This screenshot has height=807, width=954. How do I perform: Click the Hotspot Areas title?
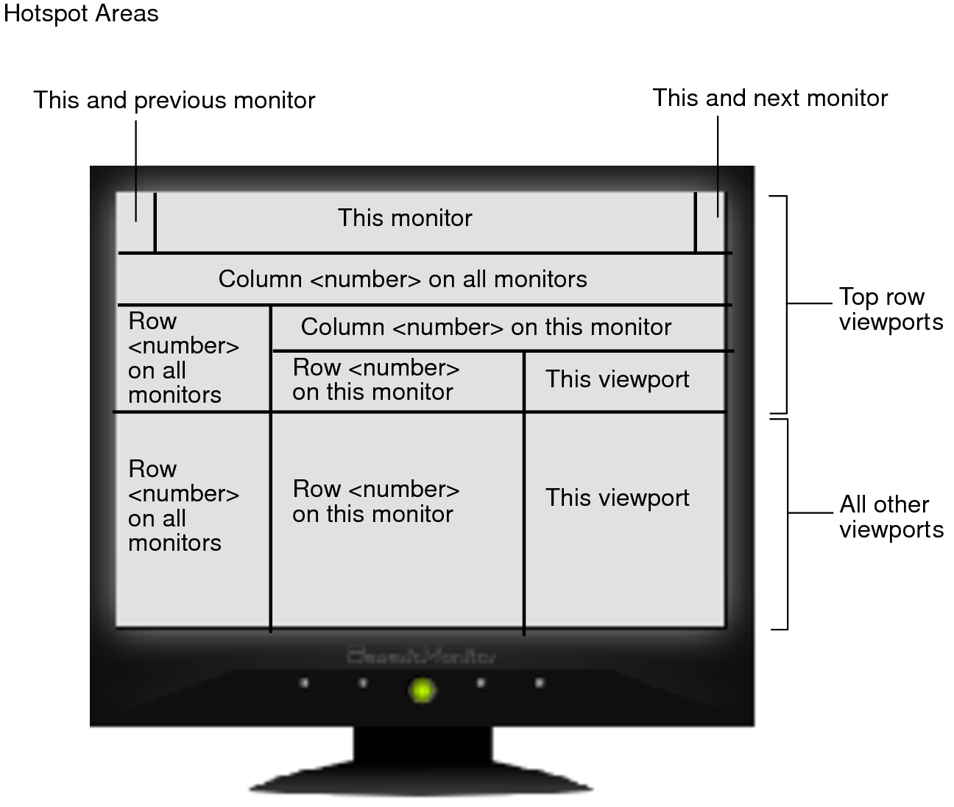(81, 13)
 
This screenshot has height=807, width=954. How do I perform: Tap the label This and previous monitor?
(174, 100)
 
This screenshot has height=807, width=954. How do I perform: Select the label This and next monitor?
(770, 98)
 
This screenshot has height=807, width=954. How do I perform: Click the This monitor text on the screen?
(405, 218)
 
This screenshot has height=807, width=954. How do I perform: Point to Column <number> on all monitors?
(403, 279)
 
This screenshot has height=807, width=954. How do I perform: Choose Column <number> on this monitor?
(486, 327)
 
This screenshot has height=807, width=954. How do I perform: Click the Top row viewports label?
(891, 309)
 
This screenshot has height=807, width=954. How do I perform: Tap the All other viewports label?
(891, 517)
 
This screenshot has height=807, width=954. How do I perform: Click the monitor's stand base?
(422, 780)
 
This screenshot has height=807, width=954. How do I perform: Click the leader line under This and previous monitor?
(136, 169)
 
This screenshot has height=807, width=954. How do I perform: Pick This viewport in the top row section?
(617, 379)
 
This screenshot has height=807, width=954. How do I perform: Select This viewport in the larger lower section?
(617, 498)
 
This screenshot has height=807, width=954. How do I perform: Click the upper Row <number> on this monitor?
(375, 379)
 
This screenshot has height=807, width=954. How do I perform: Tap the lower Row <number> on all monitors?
(174, 506)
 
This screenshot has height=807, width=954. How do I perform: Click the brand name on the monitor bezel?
(422, 655)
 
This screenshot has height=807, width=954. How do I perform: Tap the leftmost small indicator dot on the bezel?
(304, 683)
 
